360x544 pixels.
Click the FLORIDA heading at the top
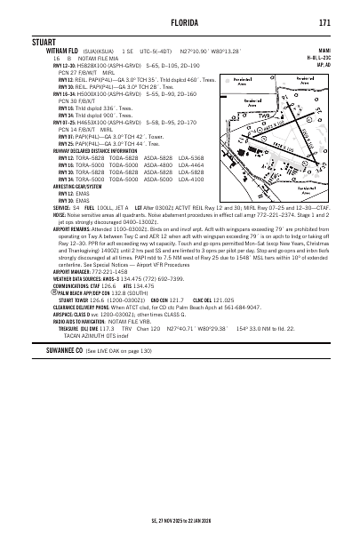pos(180,21)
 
